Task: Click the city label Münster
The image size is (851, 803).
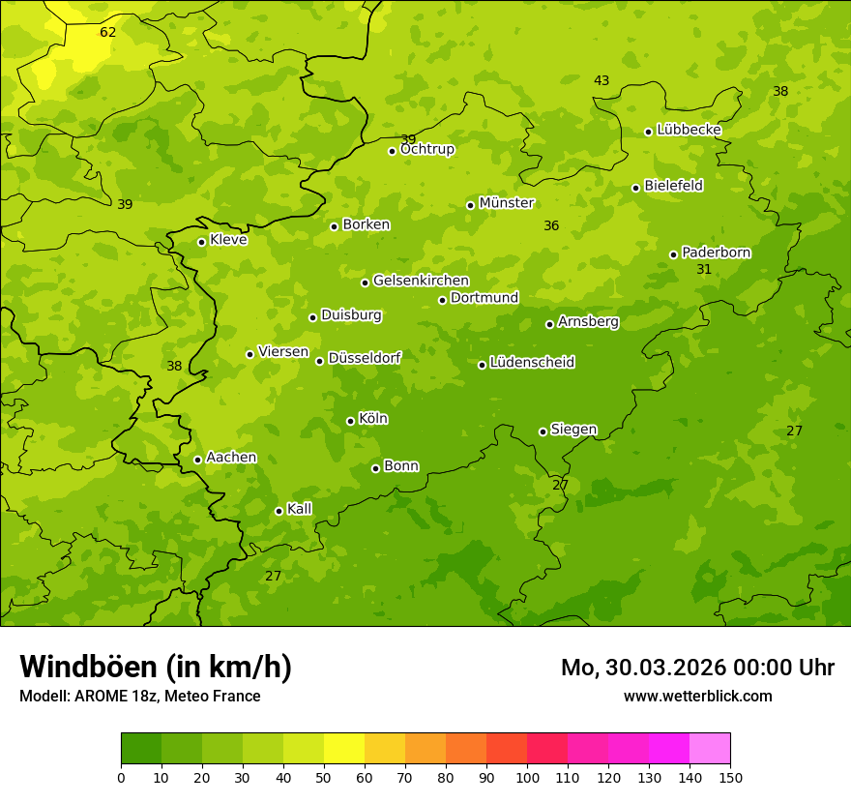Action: click(x=506, y=203)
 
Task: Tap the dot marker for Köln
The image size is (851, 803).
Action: click(x=350, y=421)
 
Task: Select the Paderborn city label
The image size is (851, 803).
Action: click(x=716, y=253)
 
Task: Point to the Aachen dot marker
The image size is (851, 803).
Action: click(x=197, y=460)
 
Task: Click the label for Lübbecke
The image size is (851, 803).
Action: click(x=689, y=130)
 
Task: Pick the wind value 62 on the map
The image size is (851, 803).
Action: click(x=108, y=32)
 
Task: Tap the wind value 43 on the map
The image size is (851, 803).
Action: click(x=602, y=80)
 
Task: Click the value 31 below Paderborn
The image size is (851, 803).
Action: click(x=704, y=269)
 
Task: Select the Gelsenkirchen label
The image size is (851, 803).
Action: click(x=421, y=281)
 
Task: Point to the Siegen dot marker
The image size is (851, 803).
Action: click(x=543, y=431)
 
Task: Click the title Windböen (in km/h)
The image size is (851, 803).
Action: click(x=156, y=667)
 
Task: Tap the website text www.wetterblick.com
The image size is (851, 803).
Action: click(x=697, y=696)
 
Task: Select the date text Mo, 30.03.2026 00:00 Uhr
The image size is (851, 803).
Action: click(x=697, y=668)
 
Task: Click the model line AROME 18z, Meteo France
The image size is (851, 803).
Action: click(x=140, y=696)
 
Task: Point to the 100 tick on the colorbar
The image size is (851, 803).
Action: click(x=527, y=777)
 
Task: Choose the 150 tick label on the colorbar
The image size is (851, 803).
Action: click(x=730, y=777)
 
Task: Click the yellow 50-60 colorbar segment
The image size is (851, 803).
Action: click(x=344, y=749)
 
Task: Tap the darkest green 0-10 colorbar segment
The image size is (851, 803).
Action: click(x=141, y=749)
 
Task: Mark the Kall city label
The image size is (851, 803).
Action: click(x=299, y=509)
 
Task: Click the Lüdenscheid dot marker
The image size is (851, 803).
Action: click(x=482, y=365)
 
